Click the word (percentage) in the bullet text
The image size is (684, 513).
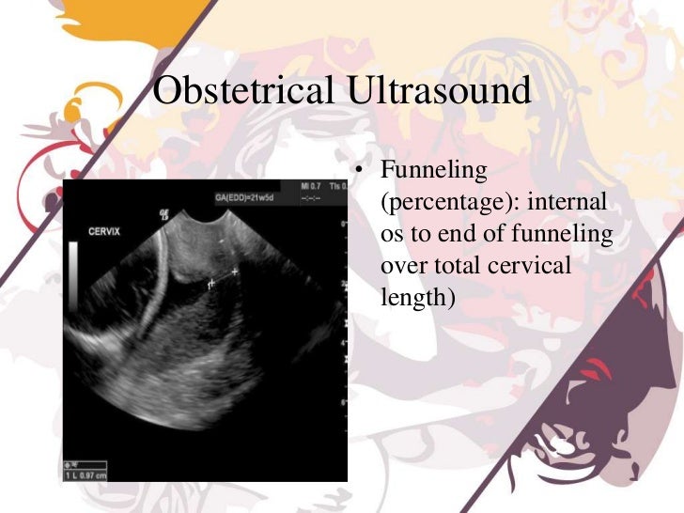pyautogui.click(x=437, y=202)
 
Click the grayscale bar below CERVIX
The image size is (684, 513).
pyautogui.click(x=73, y=278)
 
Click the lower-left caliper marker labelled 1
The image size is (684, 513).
pyautogui.click(x=212, y=281)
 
